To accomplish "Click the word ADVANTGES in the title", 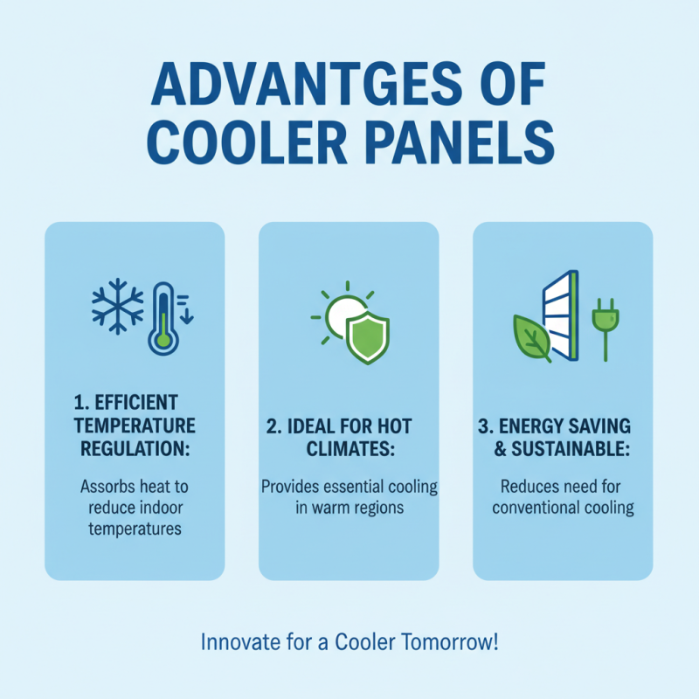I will (293, 87).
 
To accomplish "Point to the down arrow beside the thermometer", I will (187, 313).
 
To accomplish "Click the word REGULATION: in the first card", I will (135, 449).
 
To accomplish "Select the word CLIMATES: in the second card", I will (349, 450).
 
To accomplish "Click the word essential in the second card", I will (363, 486).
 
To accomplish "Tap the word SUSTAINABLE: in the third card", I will (571, 450).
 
